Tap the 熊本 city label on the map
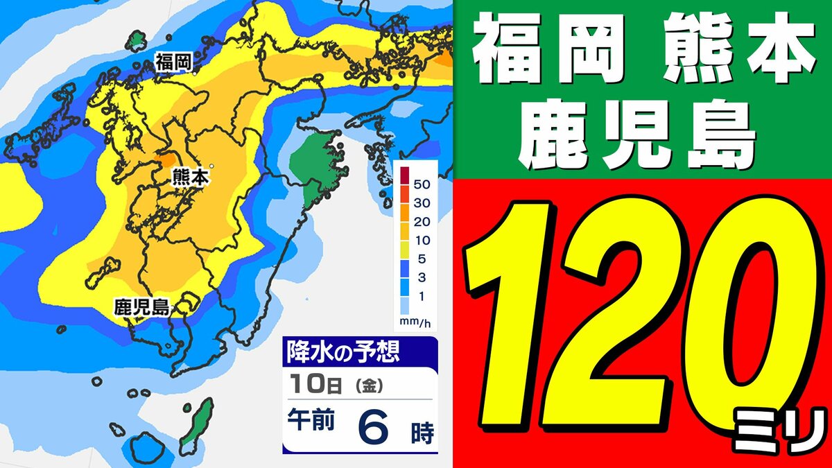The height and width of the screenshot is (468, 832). pyautogui.click(x=189, y=178)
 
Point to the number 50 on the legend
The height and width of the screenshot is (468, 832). pyautogui.click(x=423, y=185)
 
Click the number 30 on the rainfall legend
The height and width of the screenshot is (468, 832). pyautogui.click(x=423, y=203)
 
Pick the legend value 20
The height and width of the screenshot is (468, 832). pyautogui.click(x=423, y=222)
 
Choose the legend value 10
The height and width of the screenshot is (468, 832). pyautogui.click(x=423, y=241)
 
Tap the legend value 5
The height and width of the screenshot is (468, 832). pyautogui.click(x=423, y=259)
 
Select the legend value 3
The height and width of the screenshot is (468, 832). pyautogui.click(x=423, y=278)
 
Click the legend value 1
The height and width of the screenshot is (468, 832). pyautogui.click(x=423, y=297)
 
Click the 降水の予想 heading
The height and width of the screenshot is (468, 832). pyautogui.click(x=343, y=354)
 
